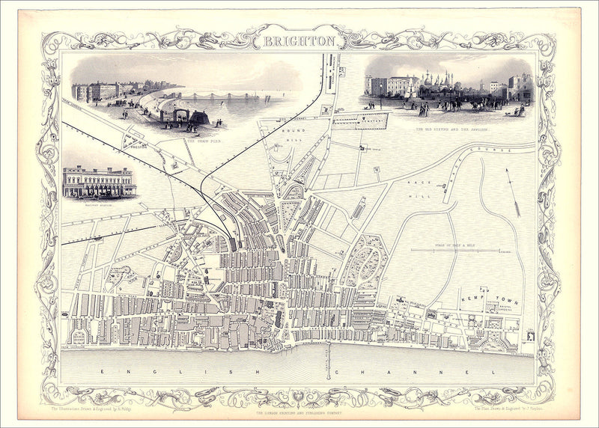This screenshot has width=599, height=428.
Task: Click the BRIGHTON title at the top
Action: click(x=299, y=41)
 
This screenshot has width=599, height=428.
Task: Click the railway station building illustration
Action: click(x=99, y=182)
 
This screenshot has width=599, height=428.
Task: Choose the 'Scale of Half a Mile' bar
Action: click(x=456, y=250)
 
